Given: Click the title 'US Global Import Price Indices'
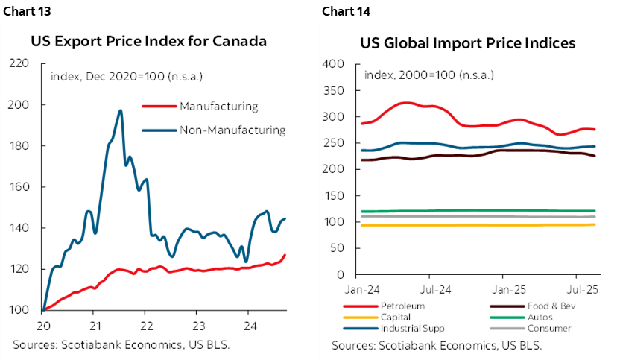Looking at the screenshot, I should tap(468, 43).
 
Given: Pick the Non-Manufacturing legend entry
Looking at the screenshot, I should tap(232, 130).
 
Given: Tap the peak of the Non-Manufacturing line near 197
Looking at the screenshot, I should tap(120, 110).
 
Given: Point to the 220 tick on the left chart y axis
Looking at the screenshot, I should tap(29, 63).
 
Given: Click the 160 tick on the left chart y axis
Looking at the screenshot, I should tap(29, 187).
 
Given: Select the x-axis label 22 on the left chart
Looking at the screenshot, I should tap(147, 326).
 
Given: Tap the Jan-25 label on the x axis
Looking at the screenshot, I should tap(510, 288).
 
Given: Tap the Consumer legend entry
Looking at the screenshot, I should tap(528, 328).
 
